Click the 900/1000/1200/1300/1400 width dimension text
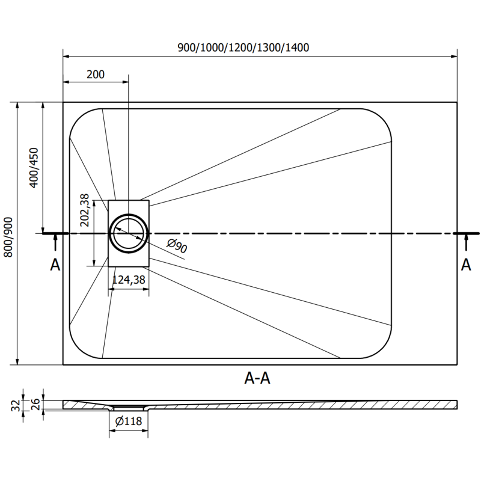243,47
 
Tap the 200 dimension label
96,75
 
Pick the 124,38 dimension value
128,280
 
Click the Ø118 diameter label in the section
128,421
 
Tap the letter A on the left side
55,265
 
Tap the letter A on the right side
466,265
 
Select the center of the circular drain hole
128,233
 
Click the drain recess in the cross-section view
128,408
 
